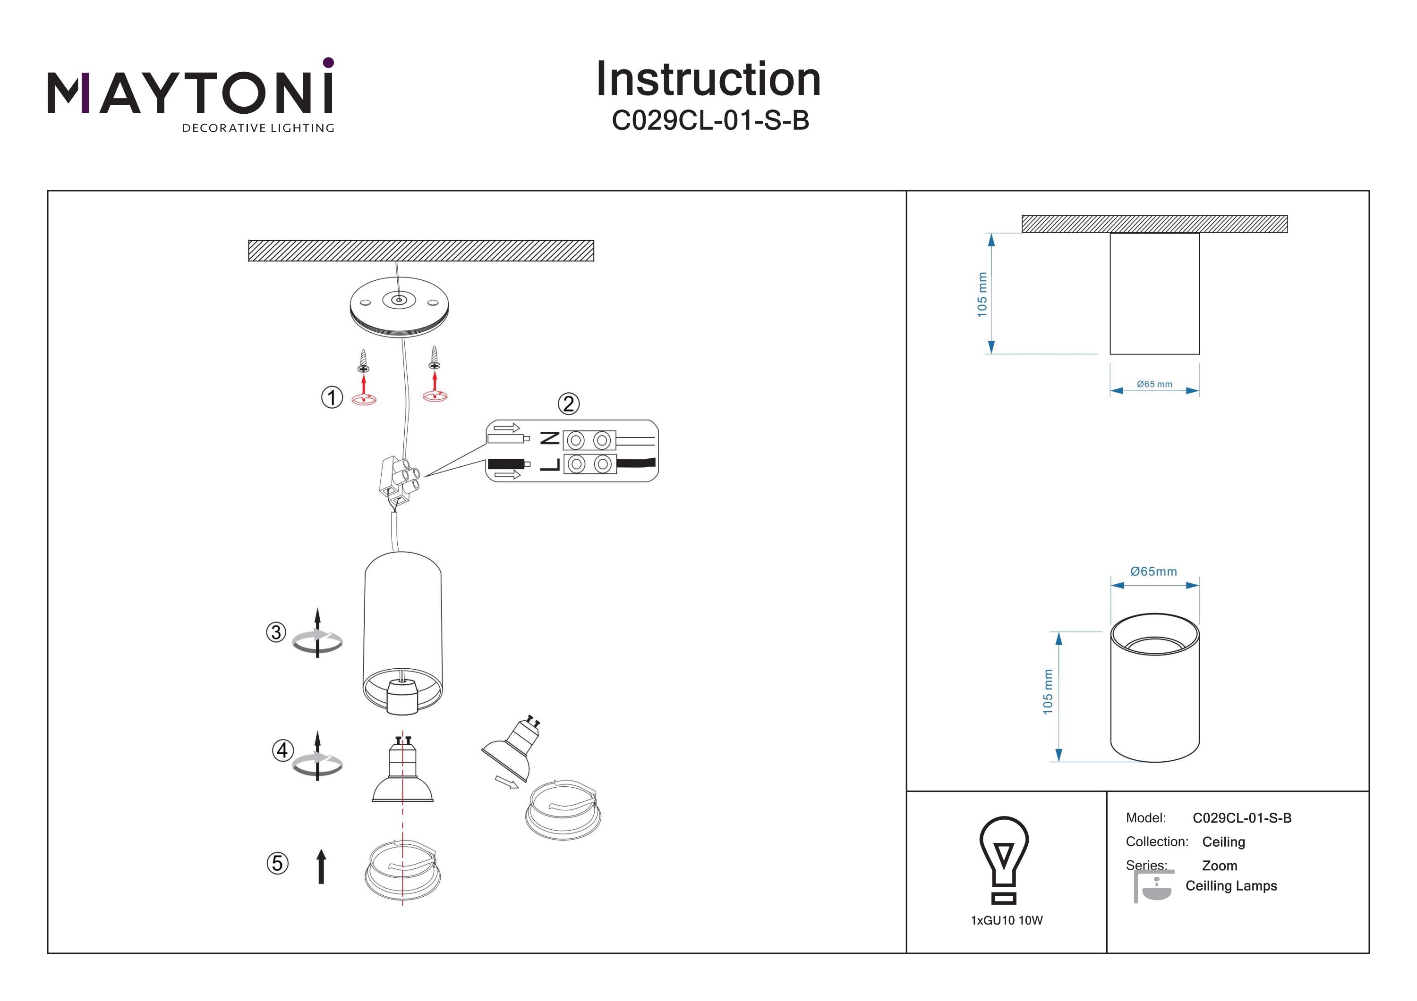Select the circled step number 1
click(332, 397)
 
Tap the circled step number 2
click(568, 404)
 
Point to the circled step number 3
click(276, 632)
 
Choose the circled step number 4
click(282, 750)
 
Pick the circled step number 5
click(277, 863)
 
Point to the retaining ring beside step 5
click(402, 870)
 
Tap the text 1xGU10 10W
click(1007, 921)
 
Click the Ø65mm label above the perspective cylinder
click(1153, 572)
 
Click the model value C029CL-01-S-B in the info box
click(1242, 818)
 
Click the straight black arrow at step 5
click(321, 866)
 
